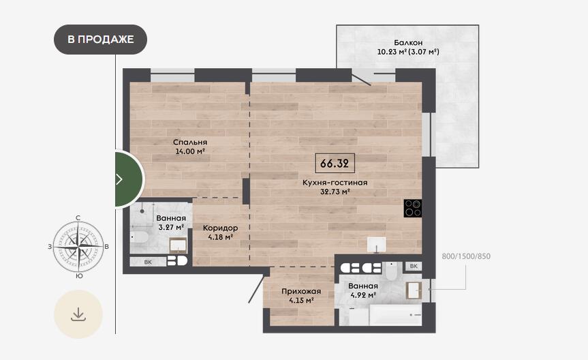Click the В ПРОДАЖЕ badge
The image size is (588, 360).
click(101, 40)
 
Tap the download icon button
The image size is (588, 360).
click(78, 314)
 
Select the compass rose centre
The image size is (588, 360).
click(78, 247)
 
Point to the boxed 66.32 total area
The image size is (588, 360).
click(335, 163)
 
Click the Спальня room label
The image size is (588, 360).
click(190, 142)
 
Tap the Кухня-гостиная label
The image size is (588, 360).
click(335, 183)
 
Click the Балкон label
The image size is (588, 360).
click(408, 43)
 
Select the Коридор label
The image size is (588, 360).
click(221, 228)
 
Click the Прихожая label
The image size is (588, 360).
click(301, 291)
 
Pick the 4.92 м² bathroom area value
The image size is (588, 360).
click(363, 295)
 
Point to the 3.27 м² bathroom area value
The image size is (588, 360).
click(171, 227)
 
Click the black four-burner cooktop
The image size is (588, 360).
click(412, 209)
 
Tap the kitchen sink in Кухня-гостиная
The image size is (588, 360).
click(377, 245)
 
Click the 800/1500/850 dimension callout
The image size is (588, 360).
click(466, 256)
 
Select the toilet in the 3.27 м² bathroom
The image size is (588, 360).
click(139, 237)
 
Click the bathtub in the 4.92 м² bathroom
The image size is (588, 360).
click(395, 314)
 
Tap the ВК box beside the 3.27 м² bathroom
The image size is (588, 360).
click(148, 262)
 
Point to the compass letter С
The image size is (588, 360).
click(78, 217)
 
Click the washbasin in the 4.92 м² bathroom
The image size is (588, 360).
click(414, 290)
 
